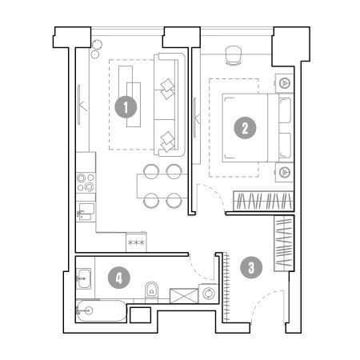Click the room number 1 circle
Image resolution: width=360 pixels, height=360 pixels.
(126, 107)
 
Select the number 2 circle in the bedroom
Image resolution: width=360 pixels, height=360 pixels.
(245, 127)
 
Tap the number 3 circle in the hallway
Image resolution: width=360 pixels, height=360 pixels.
(251, 267)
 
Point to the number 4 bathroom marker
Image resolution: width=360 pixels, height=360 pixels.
(119, 278)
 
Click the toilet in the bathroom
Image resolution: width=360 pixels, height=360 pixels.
(152, 291)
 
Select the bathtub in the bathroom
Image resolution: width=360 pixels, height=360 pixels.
(102, 311)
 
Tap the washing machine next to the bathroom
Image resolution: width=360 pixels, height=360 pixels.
(208, 294)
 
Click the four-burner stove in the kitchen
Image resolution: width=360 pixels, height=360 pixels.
(86, 182)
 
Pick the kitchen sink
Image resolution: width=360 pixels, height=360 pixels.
(86, 211)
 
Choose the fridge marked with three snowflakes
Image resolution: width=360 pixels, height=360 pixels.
(136, 242)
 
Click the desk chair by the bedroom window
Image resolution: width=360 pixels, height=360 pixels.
(234, 55)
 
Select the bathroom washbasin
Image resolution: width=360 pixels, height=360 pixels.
(84, 278)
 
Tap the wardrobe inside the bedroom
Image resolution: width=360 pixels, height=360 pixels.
(263, 201)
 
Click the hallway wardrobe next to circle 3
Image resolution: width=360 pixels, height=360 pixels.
(284, 243)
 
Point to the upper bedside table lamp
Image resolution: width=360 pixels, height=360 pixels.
(284, 83)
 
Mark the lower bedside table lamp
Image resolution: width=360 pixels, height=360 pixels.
(284, 172)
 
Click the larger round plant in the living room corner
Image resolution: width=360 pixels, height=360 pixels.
(97, 45)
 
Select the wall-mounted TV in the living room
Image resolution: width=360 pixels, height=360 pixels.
(79, 105)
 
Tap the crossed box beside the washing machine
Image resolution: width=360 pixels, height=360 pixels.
(184, 296)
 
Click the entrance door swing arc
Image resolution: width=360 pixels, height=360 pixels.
(262, 298)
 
